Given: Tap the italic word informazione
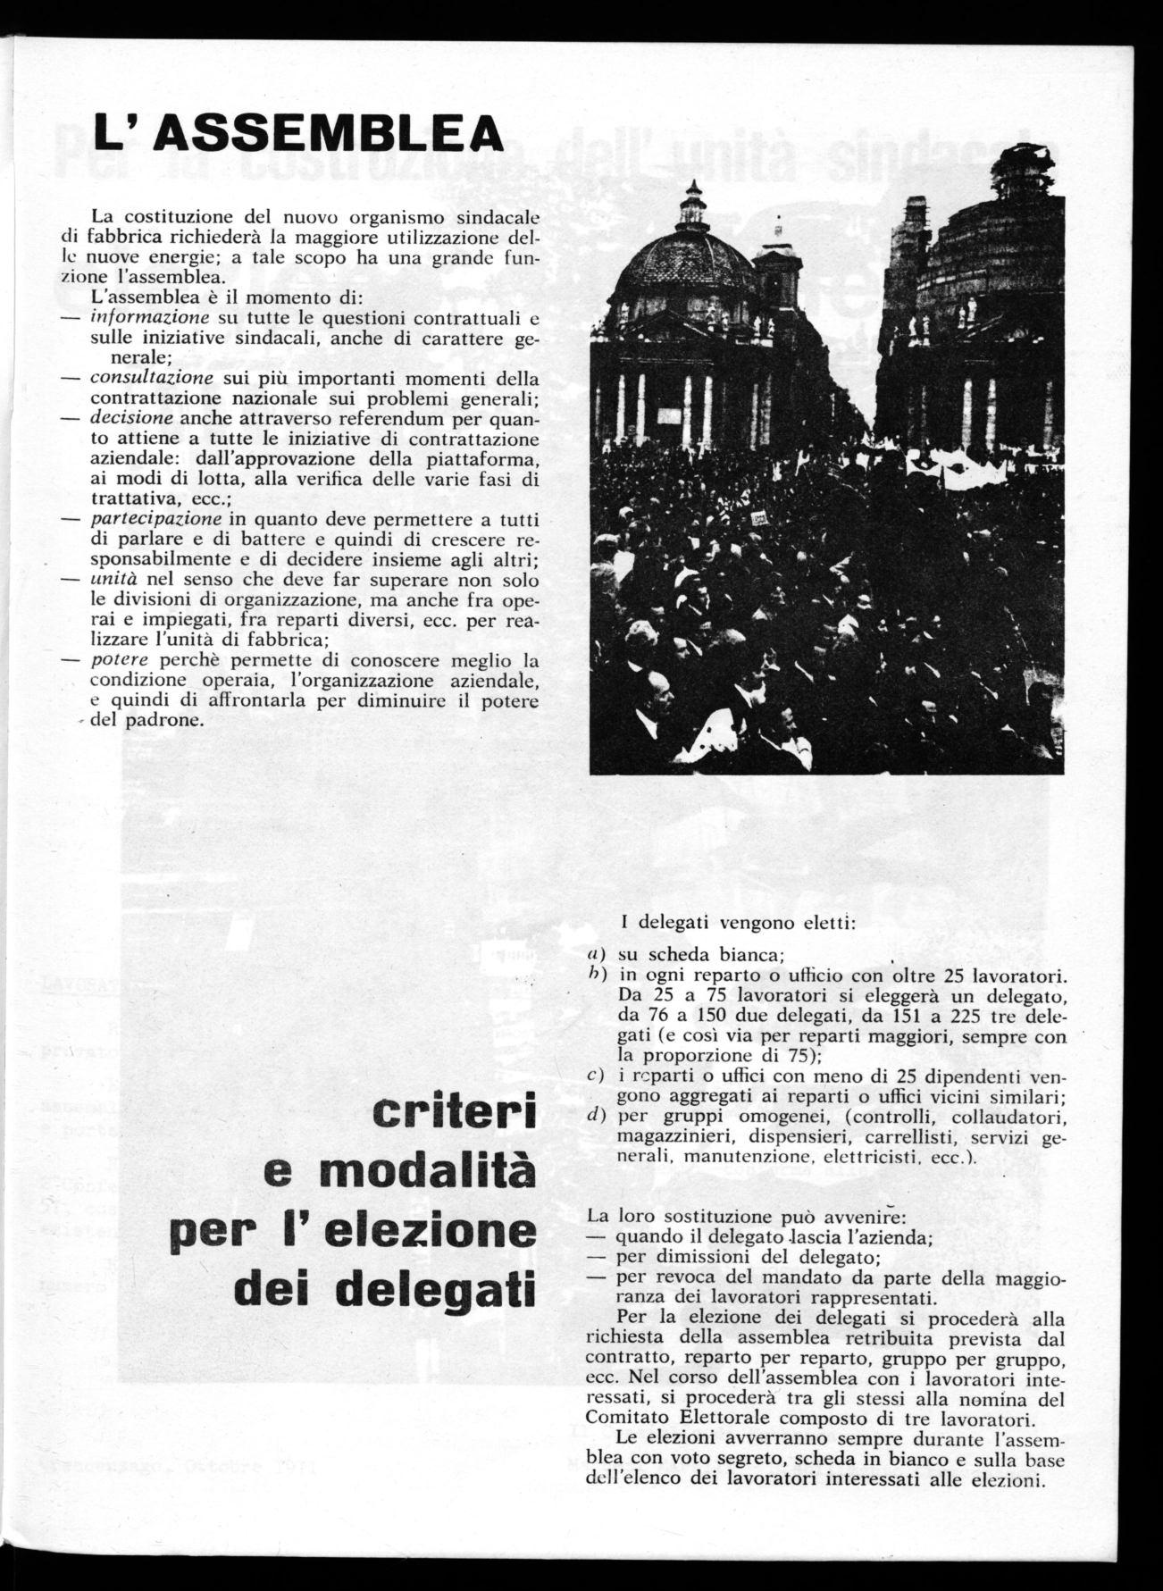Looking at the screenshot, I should tap(149, 318).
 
